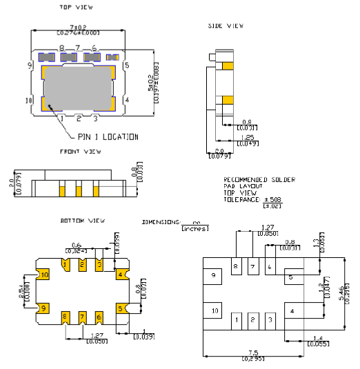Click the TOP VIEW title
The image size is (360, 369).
pos(77,7)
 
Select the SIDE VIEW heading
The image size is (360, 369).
pos(226,26)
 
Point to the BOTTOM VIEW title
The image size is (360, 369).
pos(83,221)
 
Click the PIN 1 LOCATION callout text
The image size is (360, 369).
pos(108,137)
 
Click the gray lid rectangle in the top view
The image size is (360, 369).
pos(79,88)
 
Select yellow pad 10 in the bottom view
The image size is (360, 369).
pos(44,275)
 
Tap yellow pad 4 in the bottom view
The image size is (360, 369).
pos(121,275)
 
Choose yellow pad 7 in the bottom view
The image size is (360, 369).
pos(82,317)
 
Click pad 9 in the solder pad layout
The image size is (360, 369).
pos(214,275)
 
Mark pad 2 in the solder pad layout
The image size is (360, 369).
pos(252,319)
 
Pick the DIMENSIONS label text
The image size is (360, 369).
pos(161,223)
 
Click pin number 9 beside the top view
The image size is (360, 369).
pos(30,65)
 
